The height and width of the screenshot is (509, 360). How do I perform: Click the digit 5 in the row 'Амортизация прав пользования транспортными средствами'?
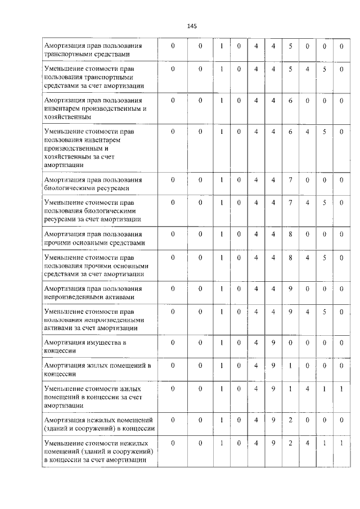click(x=290, y=46)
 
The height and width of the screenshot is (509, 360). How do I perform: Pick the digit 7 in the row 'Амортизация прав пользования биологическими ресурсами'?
click(x=290, y=180)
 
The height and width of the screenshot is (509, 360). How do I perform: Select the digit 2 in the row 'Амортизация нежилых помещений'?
click(x=290, y=420)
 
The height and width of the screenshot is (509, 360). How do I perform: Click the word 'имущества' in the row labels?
click(x=104, y=342)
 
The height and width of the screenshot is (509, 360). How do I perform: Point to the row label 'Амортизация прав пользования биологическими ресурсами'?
click(x=93, y=184)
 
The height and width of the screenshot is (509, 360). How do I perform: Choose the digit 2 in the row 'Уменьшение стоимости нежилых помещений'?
click(x=290, y=444)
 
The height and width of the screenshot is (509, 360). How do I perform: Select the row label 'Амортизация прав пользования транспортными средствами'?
click(x=93, y=49)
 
